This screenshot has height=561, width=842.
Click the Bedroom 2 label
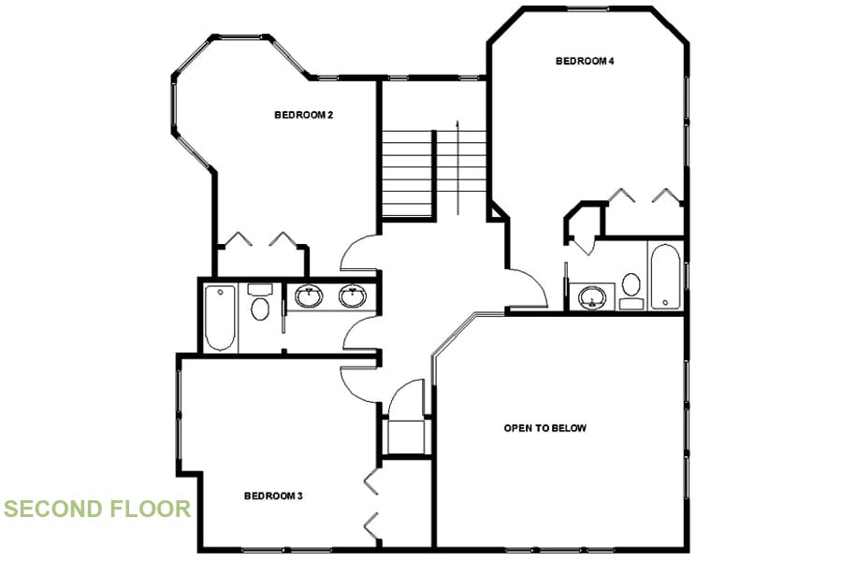tap(304, 115)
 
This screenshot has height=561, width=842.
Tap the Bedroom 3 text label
tap(273, 496)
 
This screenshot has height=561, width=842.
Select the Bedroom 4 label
tap(585, 62)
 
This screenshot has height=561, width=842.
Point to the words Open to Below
tap(545, 428)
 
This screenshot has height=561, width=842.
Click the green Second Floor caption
tap(96, 510)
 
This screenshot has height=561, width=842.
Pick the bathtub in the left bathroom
tap(220, 317)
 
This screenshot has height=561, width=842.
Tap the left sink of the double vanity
tap(308, 297)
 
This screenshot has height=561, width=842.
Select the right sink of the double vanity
tap(353, 296)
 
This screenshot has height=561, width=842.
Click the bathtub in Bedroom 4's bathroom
tap(665, 276)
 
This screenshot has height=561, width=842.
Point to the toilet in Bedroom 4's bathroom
tap(631, 286)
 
